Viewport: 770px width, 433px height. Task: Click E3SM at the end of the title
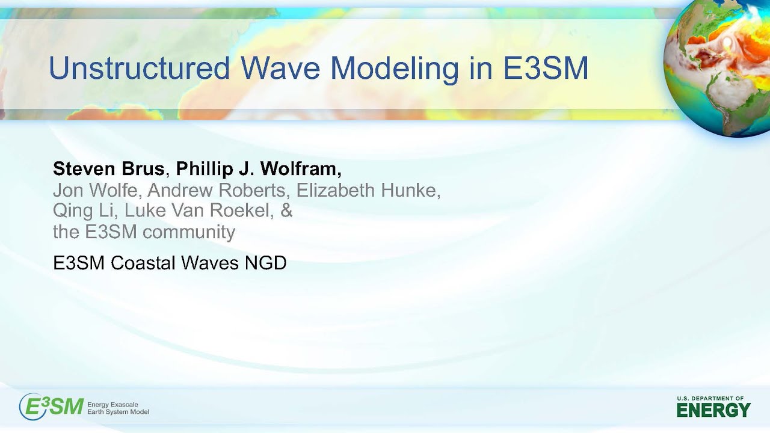pos(546,68)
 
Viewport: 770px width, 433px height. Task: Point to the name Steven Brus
pos(108,169)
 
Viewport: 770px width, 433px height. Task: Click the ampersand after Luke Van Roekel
pos(286,211)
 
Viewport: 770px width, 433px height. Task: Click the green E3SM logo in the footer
pos(51,407)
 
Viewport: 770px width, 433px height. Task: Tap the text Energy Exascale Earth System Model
pos(118,408)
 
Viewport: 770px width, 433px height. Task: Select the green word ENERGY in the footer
pos(713,411)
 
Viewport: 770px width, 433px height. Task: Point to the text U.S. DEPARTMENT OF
pos(710,398)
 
